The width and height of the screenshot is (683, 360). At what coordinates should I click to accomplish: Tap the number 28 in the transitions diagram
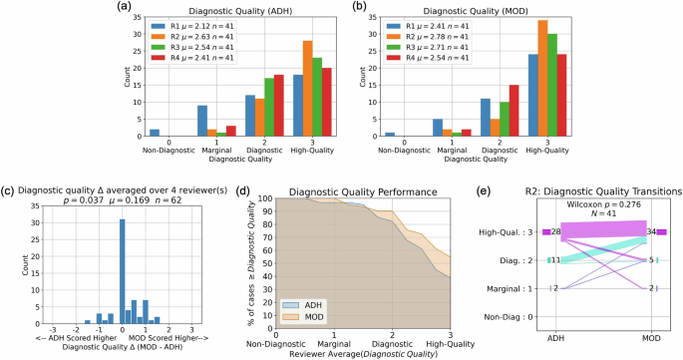pyautogui.click(x=556, y=232)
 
